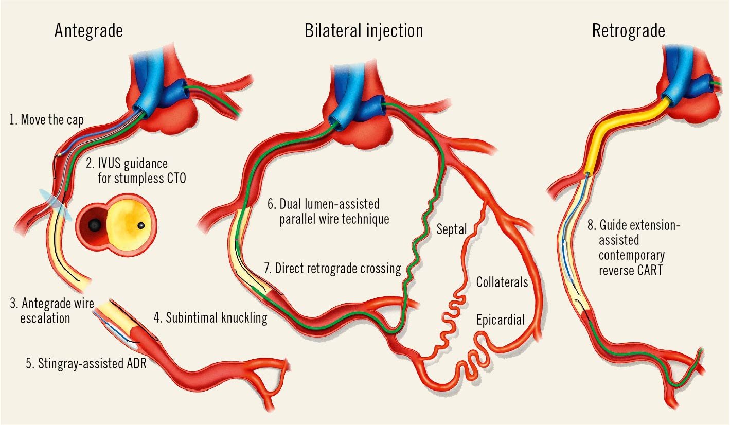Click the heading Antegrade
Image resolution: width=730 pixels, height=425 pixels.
pos(89,31)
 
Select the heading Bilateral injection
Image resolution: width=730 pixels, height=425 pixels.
pos(364,31)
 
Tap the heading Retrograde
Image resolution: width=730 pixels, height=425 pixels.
pos(628,31)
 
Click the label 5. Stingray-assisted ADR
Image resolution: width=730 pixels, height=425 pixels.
pos(86,364)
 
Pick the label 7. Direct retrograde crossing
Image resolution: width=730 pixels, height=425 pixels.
pos(332,268)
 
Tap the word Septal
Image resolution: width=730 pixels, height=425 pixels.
pos(452,229)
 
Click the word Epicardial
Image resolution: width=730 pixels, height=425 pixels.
pos(500,321)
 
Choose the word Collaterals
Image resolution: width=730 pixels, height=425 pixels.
pos(502,282)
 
